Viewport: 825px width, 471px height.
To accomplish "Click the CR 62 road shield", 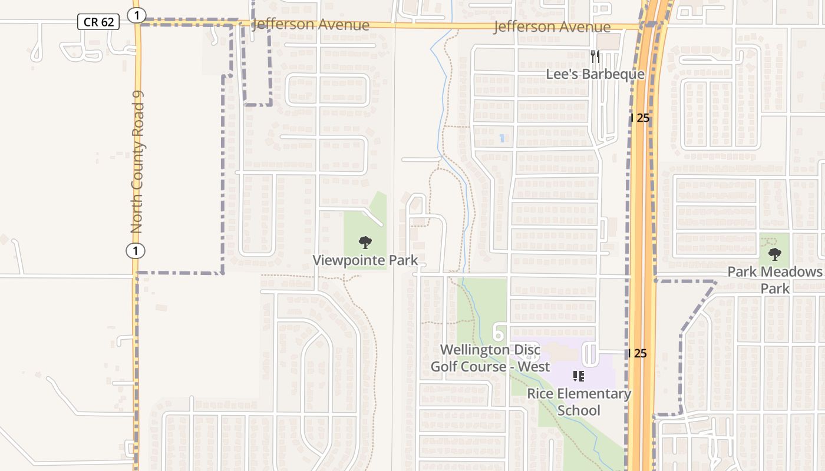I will click(98, 22).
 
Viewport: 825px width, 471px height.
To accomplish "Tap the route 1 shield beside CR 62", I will click(137, 16).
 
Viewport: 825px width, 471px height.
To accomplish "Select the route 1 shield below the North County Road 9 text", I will click(136, 251).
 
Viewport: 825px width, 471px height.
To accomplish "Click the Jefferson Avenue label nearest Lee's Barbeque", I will click(552, 27).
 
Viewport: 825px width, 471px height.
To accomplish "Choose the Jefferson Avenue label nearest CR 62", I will click(311, 25).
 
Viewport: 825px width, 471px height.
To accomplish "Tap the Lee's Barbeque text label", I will click(595, 75).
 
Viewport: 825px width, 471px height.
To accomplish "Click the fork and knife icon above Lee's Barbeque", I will click(595, 57).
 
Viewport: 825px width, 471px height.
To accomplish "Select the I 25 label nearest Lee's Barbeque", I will click(639, 118).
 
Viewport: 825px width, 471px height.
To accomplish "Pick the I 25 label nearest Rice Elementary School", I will click(638, 354).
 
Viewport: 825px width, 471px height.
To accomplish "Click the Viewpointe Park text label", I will click(365, 260).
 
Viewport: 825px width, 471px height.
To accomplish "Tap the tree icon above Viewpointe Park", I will click(365, 242).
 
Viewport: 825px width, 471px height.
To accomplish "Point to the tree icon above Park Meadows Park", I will click(774, 254).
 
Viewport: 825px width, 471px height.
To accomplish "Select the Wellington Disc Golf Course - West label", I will click(490, 358).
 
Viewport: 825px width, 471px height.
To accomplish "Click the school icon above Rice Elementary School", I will click(578, 376).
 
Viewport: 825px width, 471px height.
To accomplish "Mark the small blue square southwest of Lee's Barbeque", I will click(501, 138).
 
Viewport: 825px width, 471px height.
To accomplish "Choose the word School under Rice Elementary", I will click(579, 410).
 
